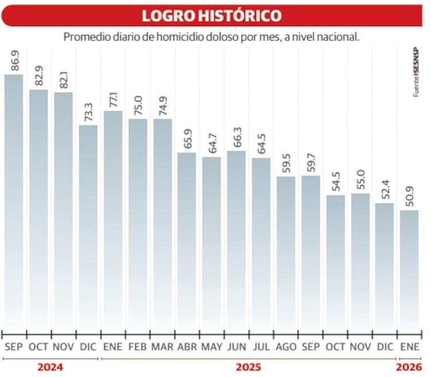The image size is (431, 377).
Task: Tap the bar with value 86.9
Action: [x=14, y=201]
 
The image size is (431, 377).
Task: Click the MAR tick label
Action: [x=163, y=347]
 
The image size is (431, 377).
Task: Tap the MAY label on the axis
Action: [x=211, y=347]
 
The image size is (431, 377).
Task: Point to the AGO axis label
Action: [x=286, y=347]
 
